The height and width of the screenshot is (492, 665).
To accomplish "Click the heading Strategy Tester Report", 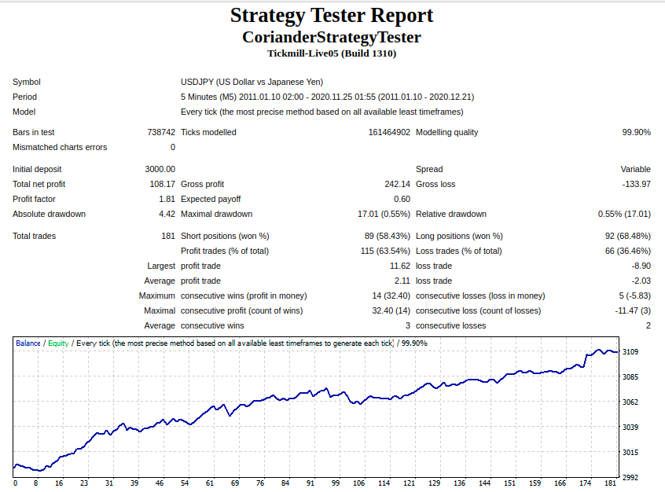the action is (332, 16).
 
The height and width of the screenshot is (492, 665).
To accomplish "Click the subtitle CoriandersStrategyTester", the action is (332, 37).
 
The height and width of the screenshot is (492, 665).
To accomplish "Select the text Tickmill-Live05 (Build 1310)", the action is (332, 53).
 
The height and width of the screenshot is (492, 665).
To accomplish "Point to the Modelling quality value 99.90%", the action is (636, 132).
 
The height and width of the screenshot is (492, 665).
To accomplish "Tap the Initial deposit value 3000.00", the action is (160, 169).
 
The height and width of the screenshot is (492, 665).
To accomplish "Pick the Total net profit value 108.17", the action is (163, 184).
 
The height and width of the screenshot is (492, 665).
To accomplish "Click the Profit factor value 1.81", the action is (167, 199).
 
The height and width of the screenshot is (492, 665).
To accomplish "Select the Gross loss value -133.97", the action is (636, 184).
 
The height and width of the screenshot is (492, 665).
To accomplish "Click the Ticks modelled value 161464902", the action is (389, 132).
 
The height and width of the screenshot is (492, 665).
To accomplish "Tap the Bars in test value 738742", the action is (161, 132).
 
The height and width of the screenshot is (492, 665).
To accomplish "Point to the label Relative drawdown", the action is (451, 214).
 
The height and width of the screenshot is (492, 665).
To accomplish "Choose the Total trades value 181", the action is (168, 236).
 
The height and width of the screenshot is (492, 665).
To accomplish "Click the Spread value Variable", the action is (635, 169).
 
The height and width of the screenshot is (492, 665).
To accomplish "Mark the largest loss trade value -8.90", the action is (641, 266).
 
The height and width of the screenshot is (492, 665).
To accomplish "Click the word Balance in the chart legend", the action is (28, 343).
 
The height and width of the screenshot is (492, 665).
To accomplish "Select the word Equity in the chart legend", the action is (58, 343).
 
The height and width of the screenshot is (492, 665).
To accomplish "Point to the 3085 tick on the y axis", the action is (630, 376).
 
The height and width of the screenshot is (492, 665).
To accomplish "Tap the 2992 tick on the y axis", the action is (630, 477).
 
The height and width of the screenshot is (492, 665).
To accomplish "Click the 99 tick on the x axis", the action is (336, 483).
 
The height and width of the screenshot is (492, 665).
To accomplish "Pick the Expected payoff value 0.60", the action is (402, 199).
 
